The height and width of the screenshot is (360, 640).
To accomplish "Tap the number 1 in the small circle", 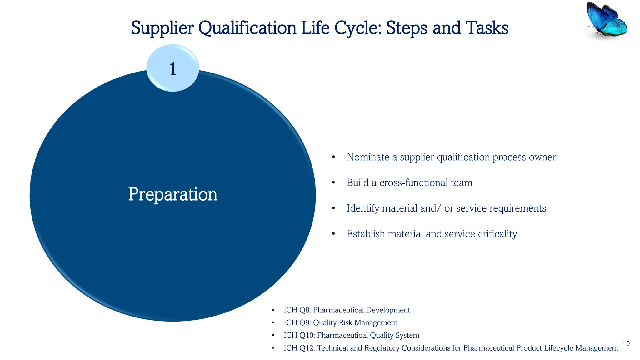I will click(x=173, y=69).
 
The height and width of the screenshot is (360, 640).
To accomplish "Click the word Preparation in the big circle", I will click(x=173, y=194).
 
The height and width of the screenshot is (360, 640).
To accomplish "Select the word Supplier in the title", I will click(x=162, y=28).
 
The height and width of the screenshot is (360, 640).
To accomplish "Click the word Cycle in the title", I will click(x=358, y=28).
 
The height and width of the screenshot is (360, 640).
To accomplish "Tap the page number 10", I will click(x=626, y=343).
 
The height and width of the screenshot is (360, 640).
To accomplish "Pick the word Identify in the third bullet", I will click(x=363, y=208).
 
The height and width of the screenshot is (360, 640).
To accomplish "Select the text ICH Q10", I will click(x=299, y=335).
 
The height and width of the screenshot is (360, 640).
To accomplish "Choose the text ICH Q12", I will click(x=299, y=348).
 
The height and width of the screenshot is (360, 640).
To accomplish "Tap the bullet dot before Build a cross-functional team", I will click(x=333, y=182).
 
